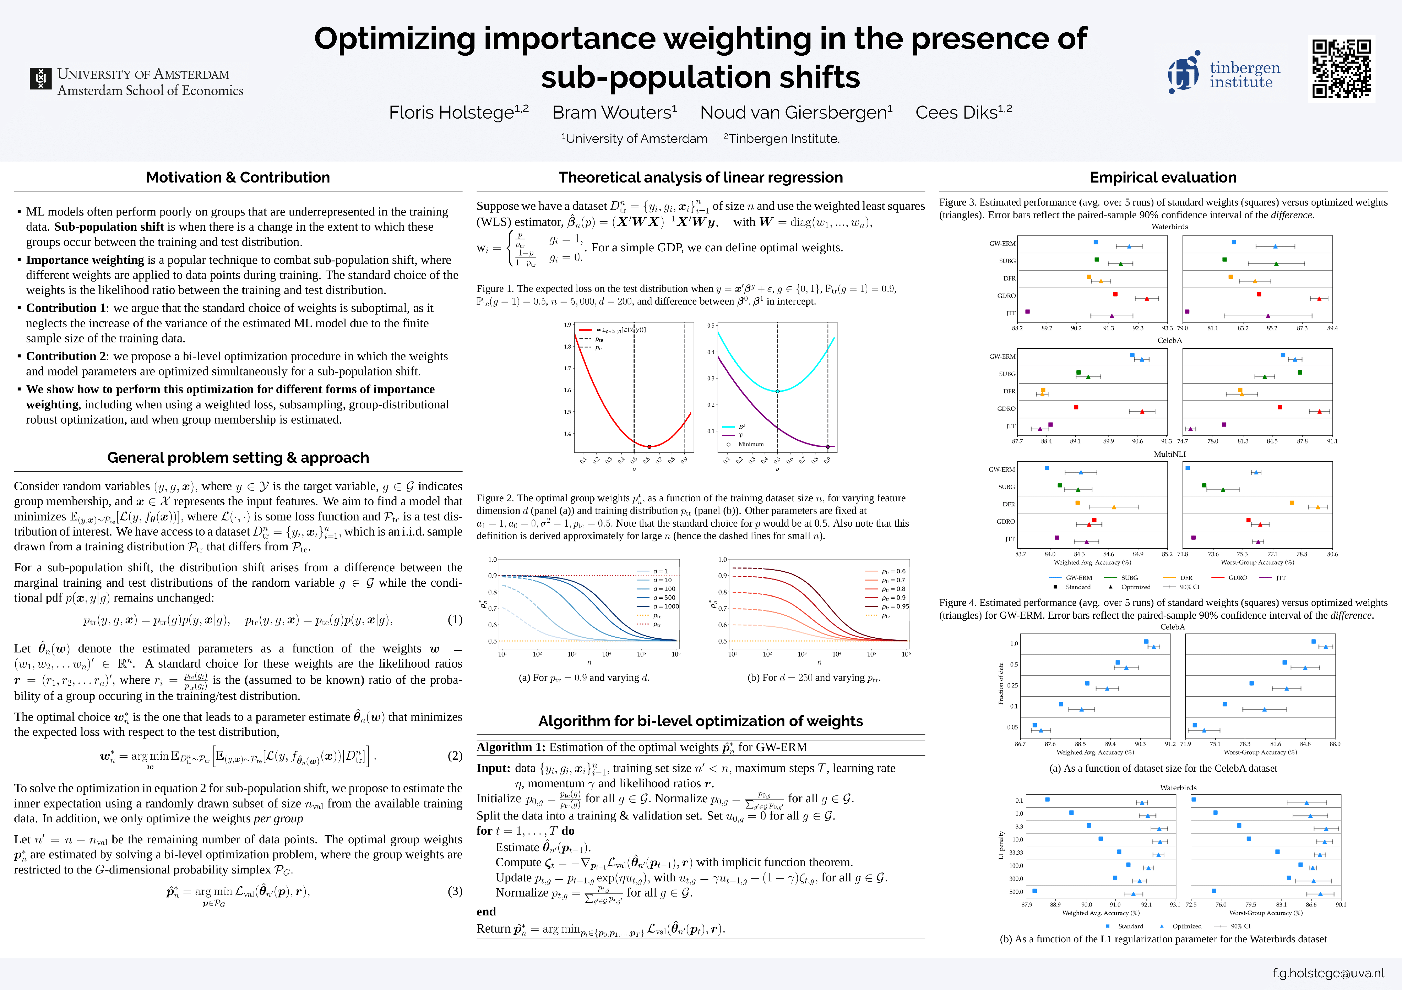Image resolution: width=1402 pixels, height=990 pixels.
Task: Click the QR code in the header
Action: point(1341,68)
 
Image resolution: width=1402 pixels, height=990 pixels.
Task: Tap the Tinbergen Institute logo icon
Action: point(1183,72)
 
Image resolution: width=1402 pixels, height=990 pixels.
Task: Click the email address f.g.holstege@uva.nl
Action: point(1328,973)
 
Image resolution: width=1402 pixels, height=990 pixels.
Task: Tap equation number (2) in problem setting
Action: point(455,756)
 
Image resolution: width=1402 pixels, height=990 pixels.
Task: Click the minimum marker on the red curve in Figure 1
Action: point(649,447)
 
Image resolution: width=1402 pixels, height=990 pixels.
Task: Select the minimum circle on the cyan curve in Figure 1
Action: point(777,391)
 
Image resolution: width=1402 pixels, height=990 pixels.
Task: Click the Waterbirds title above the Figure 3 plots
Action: point(1169,227)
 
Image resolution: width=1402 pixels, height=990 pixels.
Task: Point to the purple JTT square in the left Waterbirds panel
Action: point(1028,312)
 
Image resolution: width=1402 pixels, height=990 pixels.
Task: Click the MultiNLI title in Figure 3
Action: point(1169,454)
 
